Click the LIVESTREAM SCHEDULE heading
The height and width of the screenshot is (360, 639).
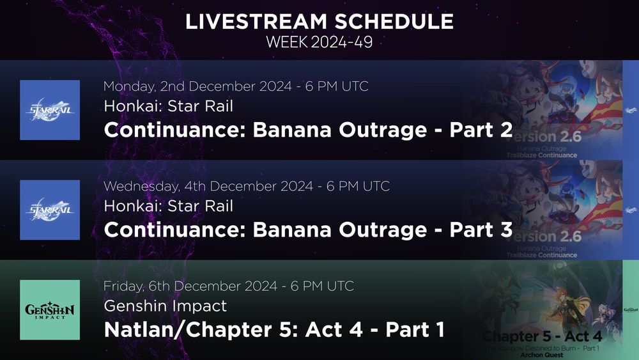[319, 22]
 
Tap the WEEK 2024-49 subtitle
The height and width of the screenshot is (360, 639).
[319, 43]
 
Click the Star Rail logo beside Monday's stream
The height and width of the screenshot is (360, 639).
[50, 110]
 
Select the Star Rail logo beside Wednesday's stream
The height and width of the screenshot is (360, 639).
[50, 210]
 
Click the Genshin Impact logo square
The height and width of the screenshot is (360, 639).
[50, 310]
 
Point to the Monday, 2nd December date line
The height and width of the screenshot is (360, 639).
[236, 86]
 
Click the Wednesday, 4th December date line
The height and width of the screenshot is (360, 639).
[247, 186]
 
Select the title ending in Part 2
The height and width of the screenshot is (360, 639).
[308, 130]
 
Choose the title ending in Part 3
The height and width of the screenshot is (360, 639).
[308, 230]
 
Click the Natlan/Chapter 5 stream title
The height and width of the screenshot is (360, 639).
[274, 330]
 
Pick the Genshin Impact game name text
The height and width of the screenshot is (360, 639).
[165, 306]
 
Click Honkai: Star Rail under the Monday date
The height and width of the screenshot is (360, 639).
[168, 107]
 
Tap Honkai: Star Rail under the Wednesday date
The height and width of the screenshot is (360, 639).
[168, 207]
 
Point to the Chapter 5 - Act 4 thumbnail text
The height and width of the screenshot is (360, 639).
[551, 336]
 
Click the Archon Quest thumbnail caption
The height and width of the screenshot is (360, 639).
[541, 355]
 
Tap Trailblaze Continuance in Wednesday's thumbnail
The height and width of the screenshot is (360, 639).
[542, 255]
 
